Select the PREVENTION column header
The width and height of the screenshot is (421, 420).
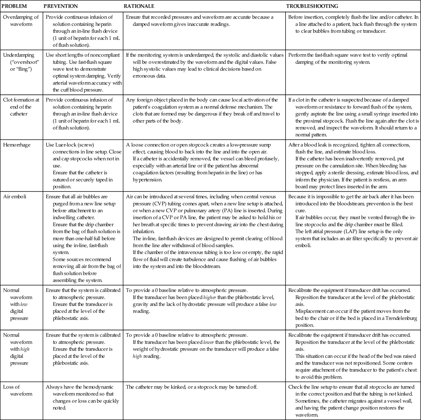coord(61,6)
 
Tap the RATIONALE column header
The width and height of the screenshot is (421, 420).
coord(139,6)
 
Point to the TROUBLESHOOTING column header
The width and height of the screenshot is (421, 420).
coord(312,6)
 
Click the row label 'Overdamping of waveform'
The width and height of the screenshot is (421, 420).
coord(21,21)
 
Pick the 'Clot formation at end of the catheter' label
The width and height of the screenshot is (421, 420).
coord(21,107)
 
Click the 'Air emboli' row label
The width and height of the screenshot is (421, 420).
coord(14,196)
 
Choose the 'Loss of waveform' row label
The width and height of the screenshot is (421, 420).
coord(18,390)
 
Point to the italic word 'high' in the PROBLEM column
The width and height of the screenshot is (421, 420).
coord(25,349)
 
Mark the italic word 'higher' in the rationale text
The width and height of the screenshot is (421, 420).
coord(210,297)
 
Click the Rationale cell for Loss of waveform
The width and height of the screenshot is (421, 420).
coord(192,387)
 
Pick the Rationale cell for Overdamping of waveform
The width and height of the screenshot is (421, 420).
coord(199,21)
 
